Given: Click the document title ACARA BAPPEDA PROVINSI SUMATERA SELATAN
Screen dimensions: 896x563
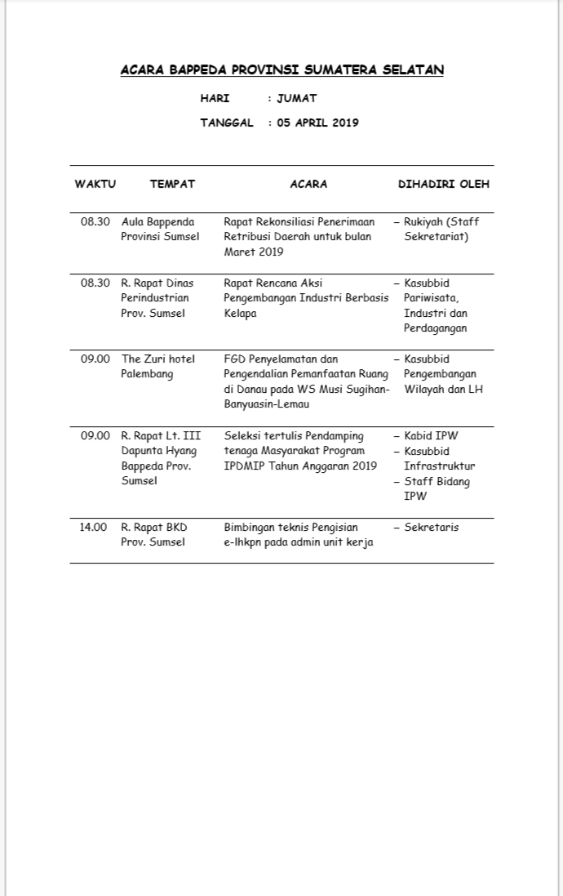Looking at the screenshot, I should (281, 70).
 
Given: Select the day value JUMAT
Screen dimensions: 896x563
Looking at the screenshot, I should (296, 99).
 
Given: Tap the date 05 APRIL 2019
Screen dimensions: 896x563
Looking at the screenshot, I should (317, 123).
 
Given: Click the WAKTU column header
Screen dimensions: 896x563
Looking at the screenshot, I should (95, 185).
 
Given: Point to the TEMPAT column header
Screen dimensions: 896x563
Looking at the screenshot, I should (172, 185).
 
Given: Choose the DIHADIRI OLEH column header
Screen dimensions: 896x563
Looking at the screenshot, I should (443, 185).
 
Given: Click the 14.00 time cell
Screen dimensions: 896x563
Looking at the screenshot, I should (94, 528).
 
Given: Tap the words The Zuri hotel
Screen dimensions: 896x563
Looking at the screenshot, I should (158, 359).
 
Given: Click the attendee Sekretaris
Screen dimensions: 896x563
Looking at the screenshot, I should (432, 528).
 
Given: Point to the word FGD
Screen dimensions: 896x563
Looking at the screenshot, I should (235, 359).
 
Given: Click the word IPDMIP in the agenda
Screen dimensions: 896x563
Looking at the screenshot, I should (243, 466).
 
